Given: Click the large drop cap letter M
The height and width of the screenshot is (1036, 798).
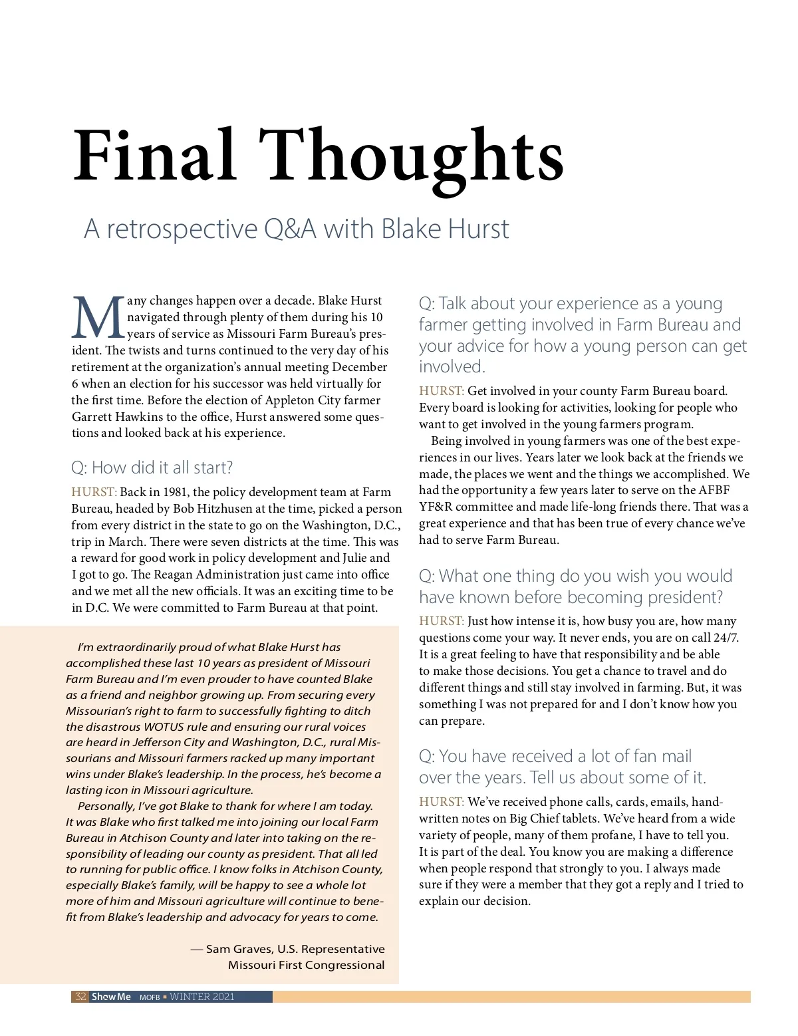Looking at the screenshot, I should click(x=98, y=318).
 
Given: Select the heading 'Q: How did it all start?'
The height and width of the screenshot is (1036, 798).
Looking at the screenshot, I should click(x=152, y=467).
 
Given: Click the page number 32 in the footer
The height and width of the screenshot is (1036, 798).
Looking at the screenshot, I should click(x=80, y=997).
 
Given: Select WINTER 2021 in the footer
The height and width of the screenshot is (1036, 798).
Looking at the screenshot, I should click(x=202, y=997).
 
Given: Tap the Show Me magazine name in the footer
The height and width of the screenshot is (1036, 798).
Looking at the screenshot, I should click(x=111, y=997).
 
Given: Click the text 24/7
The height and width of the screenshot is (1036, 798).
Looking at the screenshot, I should click(x=725, y=638).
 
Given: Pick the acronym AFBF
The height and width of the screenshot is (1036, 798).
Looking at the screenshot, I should click(x=714, y=490).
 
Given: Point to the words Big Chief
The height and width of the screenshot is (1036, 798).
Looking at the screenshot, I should click(x=544, y=819).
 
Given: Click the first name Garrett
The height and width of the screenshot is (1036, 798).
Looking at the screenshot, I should click(x=92, y=417).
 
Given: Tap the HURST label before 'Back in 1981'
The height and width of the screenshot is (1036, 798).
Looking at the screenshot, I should click(x=94, y=492).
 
